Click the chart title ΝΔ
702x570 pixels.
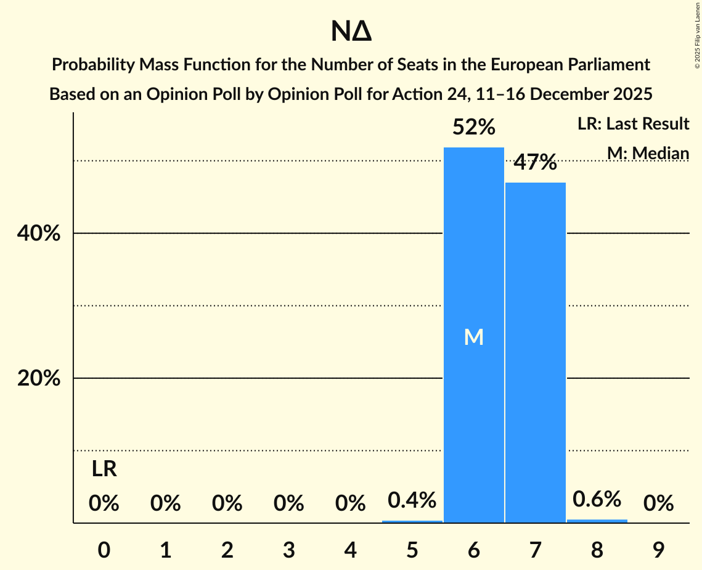coord(351,32)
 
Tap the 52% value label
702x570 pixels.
coord(473,128)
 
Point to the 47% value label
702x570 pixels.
coord(535,163)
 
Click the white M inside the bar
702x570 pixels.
coord(473,337)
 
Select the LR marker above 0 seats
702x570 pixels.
coord(104,469)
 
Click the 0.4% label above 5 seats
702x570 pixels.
coord(412,500)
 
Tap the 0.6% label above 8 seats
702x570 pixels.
coord(597,499)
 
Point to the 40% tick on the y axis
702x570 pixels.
coord(39,234)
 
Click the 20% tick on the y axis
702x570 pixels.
coord(39,378)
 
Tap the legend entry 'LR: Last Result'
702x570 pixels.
coord(633,124)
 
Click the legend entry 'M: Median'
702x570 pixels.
coord(648,152)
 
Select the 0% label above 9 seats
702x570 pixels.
coord(658,504)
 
